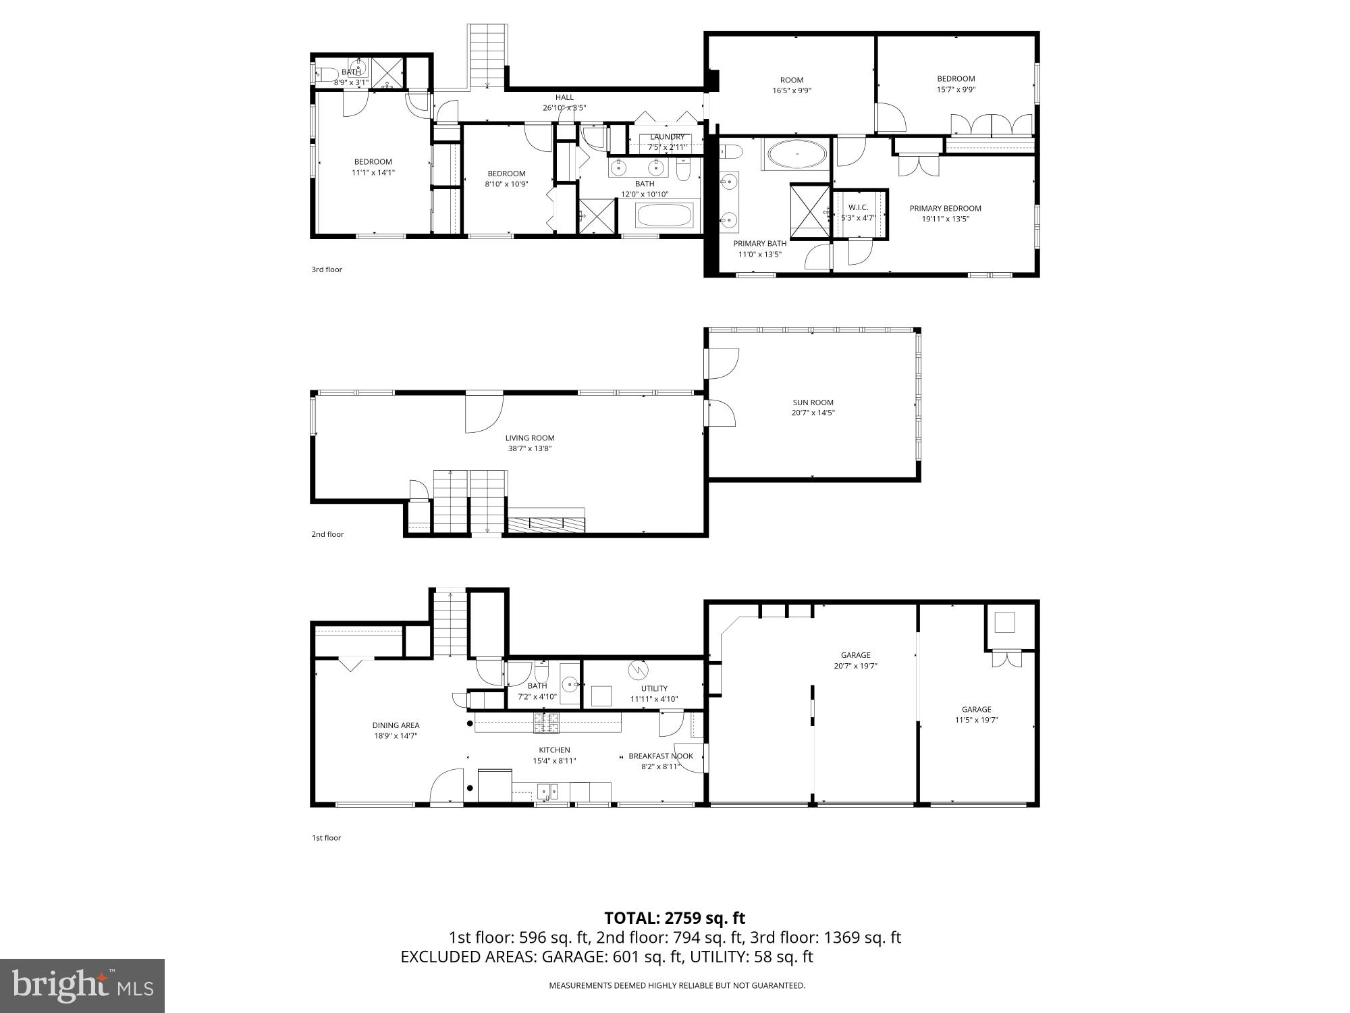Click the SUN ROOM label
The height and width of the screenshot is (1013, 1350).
tap(813, 402)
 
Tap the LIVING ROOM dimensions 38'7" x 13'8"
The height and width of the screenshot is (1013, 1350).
tap(530, 448)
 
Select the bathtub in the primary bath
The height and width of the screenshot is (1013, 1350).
tap(796, 154)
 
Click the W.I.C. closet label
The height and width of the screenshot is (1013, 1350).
tap(858, 207)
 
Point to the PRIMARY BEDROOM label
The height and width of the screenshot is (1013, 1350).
tap(945, 208)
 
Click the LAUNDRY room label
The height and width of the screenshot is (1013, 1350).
tap(667, 137)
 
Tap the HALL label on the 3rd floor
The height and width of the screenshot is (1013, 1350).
tap(564, 97)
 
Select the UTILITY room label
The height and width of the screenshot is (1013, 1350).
tap(654, 689)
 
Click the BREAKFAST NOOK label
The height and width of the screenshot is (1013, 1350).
tap(661, 756)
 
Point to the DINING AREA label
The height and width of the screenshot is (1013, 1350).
tap(396, 725)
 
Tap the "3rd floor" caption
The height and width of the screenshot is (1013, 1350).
tap(327, 269)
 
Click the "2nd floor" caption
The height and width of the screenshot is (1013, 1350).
tap(327, 534)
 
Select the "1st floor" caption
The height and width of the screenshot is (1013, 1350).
tap(326, 838)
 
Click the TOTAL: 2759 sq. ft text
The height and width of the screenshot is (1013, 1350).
tap(674, 918)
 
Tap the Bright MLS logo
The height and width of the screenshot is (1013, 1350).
tap(82, 986)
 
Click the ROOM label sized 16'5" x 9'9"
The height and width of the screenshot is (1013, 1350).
tap(792, 80)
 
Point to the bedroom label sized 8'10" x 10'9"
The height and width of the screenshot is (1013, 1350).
tap(506, 174)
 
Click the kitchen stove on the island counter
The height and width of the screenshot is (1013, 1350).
tap(547, 723)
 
